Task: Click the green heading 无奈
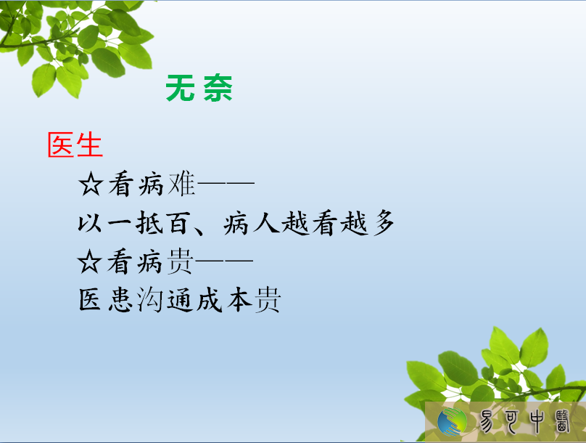[199, 88]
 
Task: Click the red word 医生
[75, 145]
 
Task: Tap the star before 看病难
[91, 184]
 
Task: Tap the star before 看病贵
[89, 261]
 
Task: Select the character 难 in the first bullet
[181, 184]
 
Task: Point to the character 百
[179, 223]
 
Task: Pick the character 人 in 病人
[267, 223]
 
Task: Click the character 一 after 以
[120, 224]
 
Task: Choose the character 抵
[149, 223]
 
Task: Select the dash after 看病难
[226, 183]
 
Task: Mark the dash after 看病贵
[224, 260]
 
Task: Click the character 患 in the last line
[120, 299]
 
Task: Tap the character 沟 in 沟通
[149, 299]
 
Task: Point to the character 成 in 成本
[210, 299]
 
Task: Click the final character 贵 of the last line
[268, 299]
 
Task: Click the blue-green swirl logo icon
[453, 422]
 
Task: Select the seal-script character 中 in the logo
[536, 421]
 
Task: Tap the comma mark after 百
[198, 229]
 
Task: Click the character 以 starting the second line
[90, 224]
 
